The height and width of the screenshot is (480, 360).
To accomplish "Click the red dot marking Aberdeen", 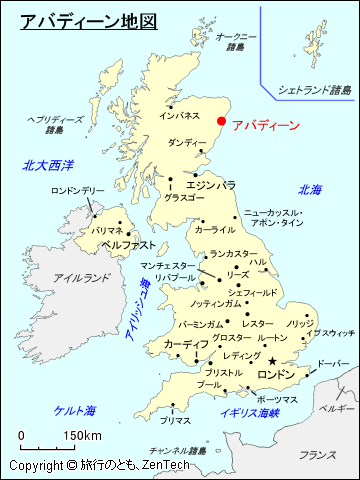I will coord(221,121).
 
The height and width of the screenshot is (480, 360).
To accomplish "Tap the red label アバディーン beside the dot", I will coord(265,126).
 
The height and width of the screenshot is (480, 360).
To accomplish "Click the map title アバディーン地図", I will coord(89,19).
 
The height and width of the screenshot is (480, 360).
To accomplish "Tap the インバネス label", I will coord(180,116).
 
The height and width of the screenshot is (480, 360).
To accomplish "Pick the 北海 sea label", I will coord(310,190).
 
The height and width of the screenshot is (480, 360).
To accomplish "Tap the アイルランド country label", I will coord(82,278).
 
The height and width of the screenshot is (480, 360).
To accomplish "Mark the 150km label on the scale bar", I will coord(82,436).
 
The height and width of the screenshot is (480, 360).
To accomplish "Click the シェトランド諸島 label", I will coord(315,90).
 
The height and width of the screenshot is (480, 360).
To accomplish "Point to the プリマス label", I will coord(175,421).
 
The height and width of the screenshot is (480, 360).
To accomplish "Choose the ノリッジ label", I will coord(300,323).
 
